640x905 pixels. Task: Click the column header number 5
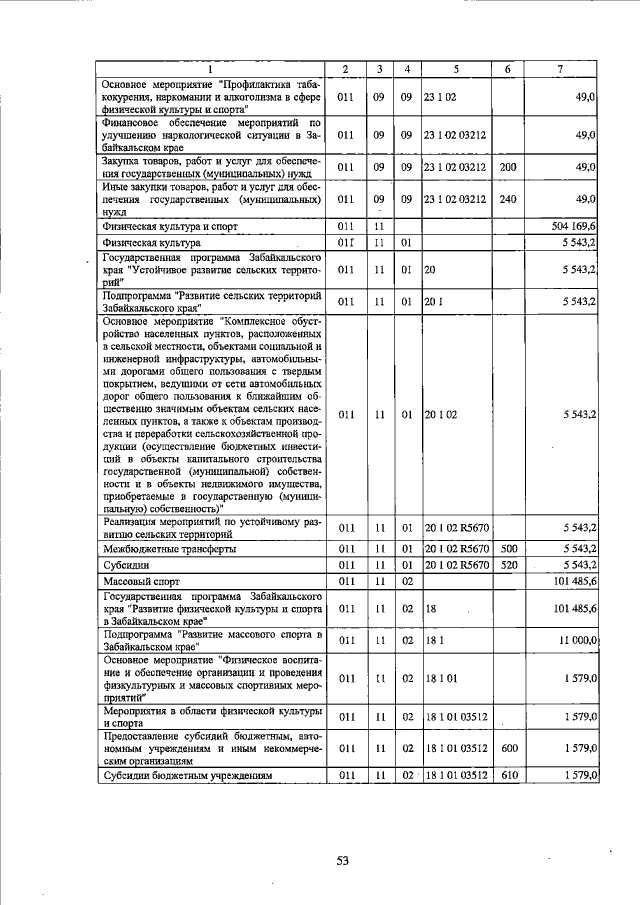455,68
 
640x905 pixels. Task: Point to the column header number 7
559,68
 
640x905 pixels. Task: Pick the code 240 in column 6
507,199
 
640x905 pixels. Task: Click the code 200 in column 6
507,167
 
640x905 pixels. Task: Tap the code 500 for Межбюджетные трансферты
507,548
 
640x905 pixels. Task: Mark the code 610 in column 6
507,775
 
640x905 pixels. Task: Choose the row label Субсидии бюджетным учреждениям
186,775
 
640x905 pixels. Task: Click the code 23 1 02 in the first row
440,97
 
